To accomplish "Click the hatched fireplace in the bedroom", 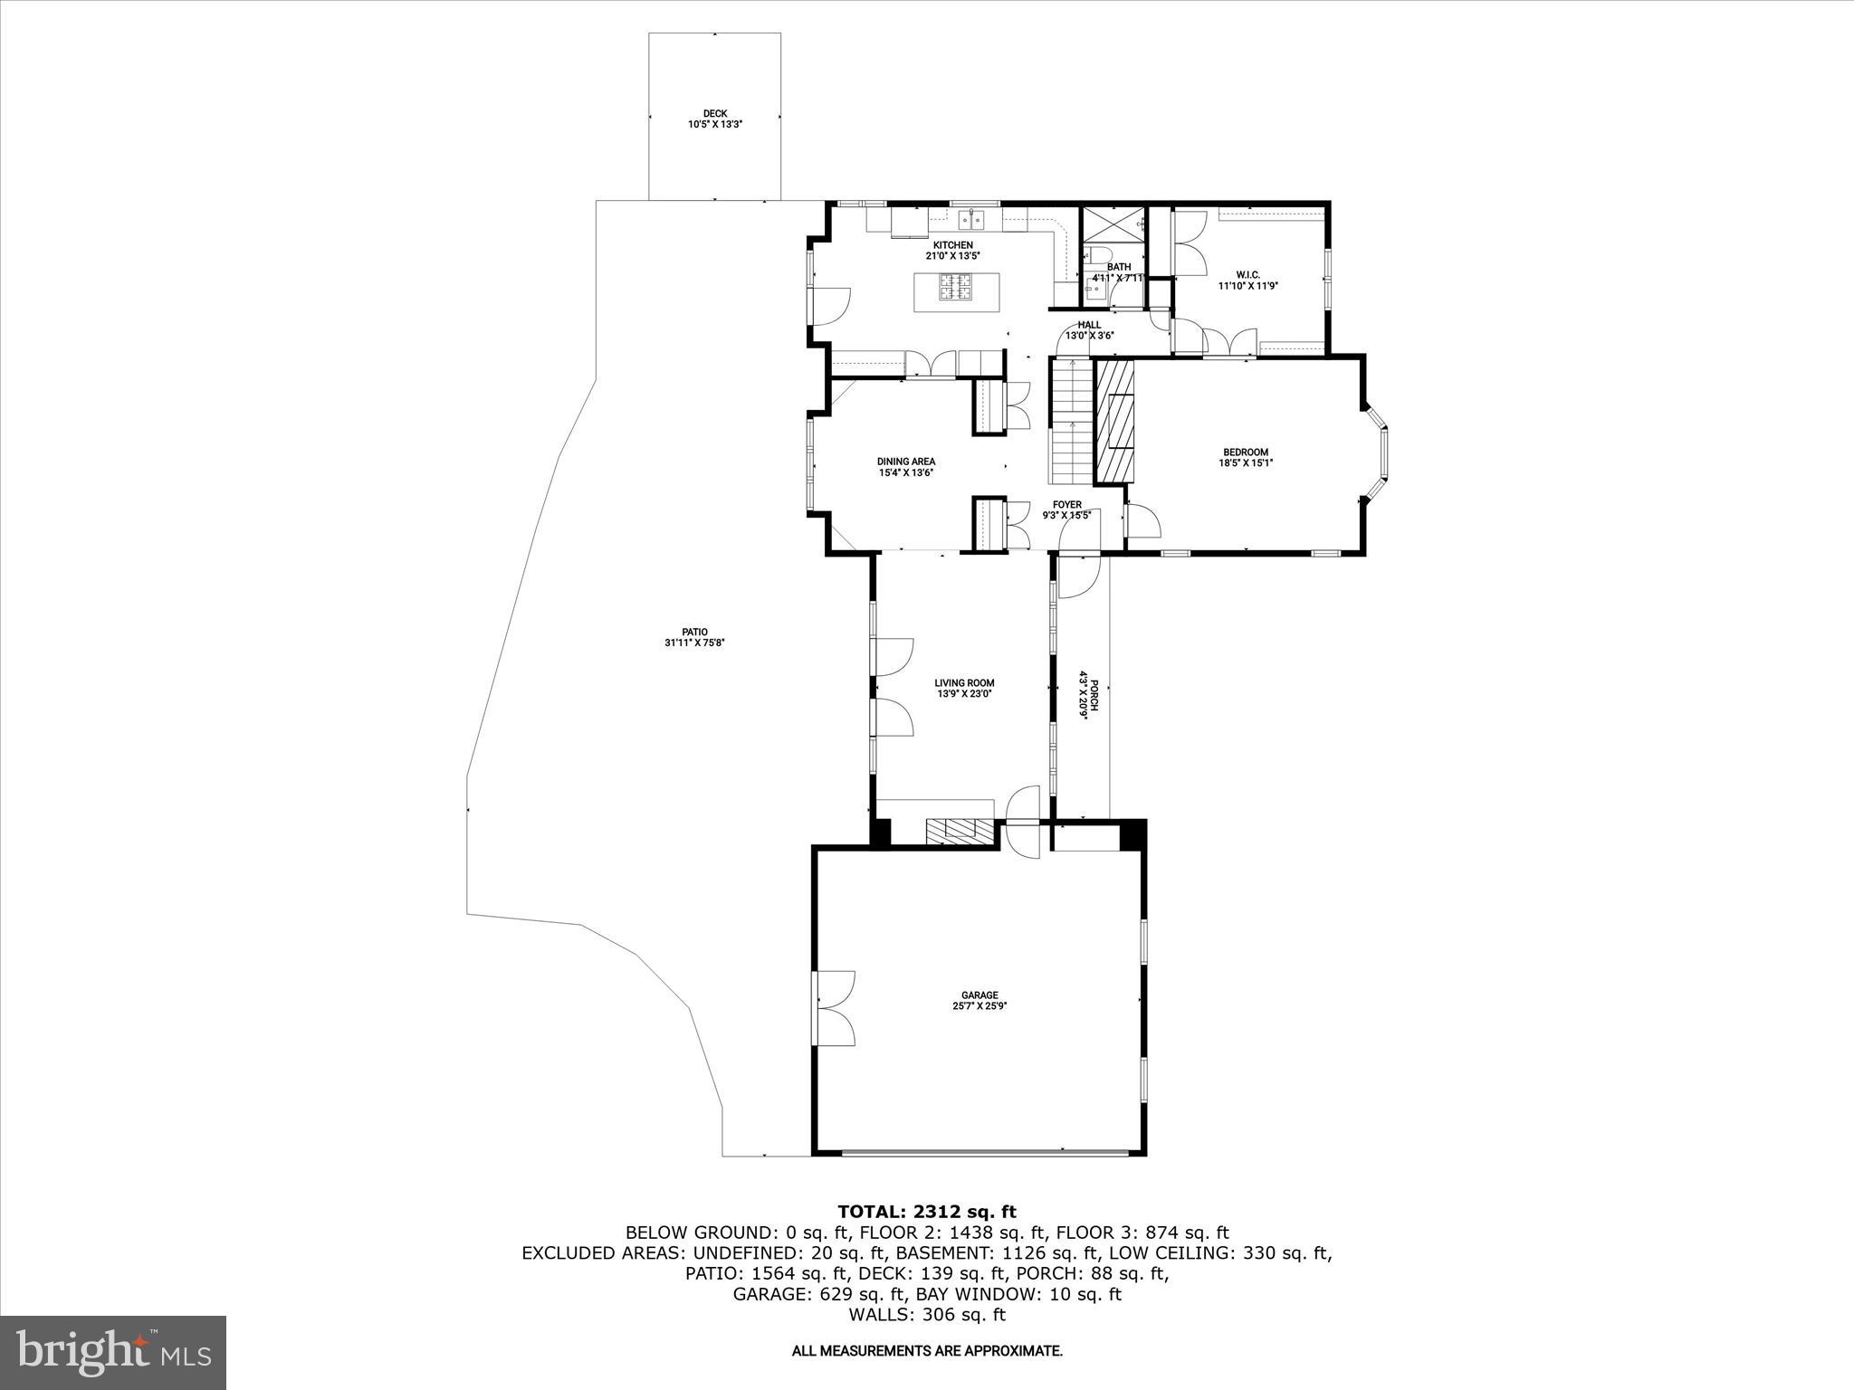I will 1115,421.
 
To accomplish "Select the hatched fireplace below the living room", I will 959,832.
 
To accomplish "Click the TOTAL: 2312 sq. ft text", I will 926,1212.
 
